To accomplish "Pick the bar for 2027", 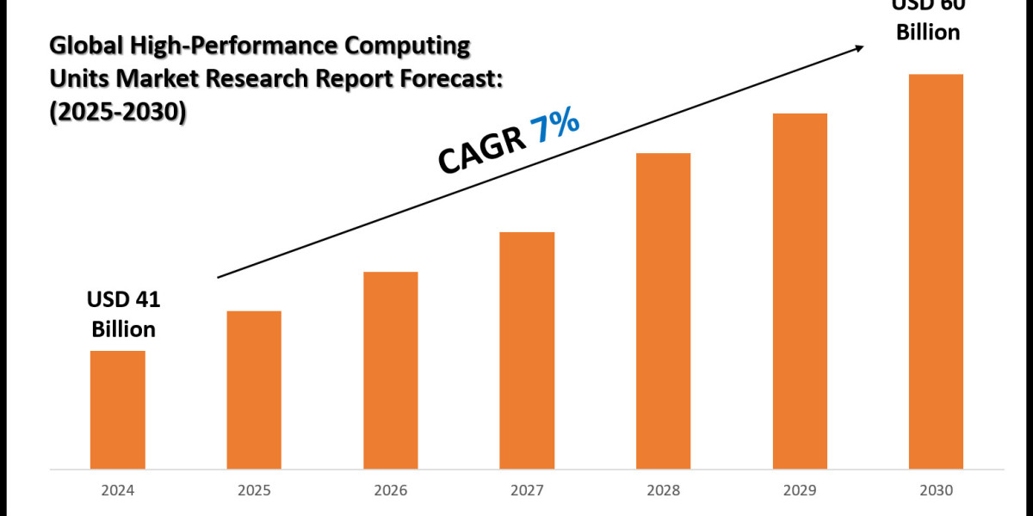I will [527, 350].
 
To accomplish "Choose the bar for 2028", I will [663, 310].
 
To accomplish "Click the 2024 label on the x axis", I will [117, 491].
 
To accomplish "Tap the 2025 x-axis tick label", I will [254, 491].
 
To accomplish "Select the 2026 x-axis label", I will [390, 491].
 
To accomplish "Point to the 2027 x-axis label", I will [527, 491].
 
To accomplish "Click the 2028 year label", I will [663, 491].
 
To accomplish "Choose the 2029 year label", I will [800, 491].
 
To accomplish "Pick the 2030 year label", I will [936, 491].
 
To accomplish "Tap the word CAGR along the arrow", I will [482, 153].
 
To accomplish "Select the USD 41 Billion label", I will [123, 314].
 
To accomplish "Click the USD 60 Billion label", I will [927, 21].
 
